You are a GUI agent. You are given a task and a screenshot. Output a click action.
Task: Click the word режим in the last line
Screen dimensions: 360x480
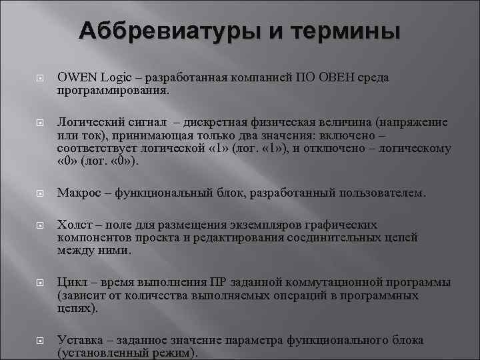coord(170,352)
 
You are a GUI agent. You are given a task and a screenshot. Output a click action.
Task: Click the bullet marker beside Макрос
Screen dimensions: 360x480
coord(39,194)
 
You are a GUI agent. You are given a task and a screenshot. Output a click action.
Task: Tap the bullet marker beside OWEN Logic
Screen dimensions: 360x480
coord(39,79)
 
